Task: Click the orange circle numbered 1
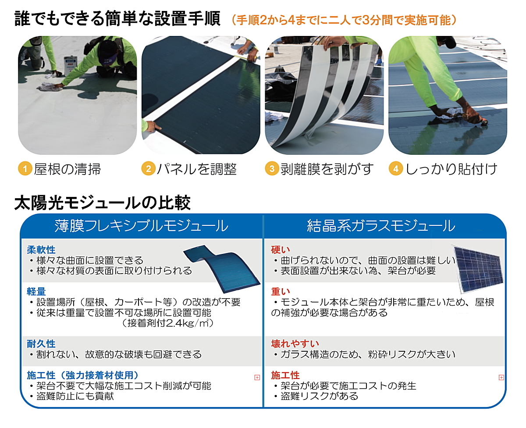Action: coord(25,169)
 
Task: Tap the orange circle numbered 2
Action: coord(149,169)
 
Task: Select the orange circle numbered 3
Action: coord(272,169)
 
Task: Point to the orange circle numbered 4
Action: coord(396,169)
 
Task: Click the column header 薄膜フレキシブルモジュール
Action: coord(141,226)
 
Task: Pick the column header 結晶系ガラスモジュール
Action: coord(381,226)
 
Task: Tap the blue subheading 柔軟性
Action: coord(41,250)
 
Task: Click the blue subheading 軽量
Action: coord(36,292)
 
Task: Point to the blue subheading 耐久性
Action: coord(41,344)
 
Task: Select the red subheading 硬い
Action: coord(281,250)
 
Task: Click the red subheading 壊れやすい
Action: coord(295,344)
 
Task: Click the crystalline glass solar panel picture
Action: coord(478,268)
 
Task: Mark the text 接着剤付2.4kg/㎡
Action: coord(165,324)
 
